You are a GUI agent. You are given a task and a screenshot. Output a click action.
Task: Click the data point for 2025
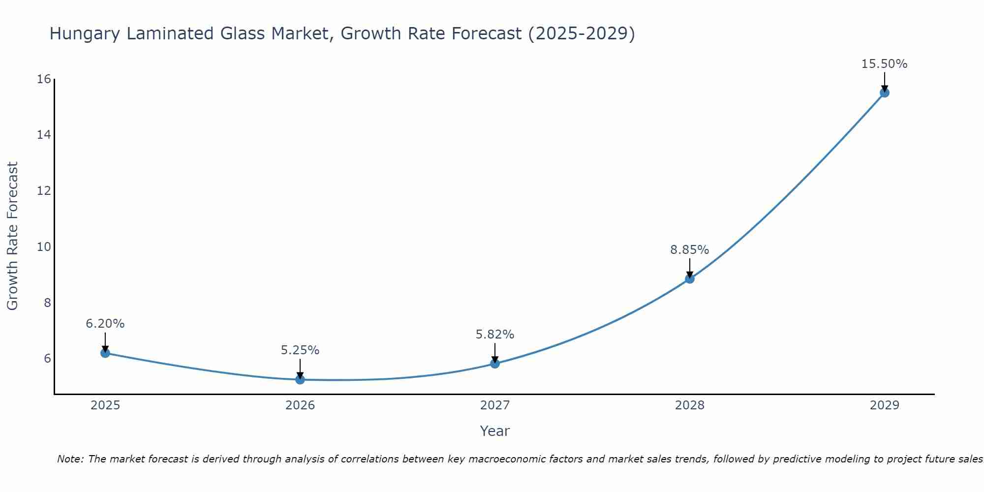coord(105,353)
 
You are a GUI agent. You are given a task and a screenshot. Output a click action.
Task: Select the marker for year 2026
coord(300,379)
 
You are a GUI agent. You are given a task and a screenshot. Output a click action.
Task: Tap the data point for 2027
coord(495,364)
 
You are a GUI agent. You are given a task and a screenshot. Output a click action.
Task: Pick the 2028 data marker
coord(690,279)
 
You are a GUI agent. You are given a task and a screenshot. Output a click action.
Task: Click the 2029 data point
coord(885,92)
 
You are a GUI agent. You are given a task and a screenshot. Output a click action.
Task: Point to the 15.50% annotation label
coord(884,64)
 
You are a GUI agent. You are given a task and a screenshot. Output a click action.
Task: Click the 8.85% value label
coord(689,250)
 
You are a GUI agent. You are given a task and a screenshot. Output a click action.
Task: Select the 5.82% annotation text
coord(494,335)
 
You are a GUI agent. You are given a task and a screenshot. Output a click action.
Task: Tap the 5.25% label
coord(300,350)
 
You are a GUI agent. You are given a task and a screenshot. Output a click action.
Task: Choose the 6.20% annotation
coord(105,324)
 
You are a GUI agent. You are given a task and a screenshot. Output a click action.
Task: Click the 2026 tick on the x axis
coord(300,405)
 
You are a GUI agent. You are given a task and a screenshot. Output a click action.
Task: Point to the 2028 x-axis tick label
coord(690,405)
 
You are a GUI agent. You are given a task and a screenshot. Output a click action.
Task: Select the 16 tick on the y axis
coord(44,79)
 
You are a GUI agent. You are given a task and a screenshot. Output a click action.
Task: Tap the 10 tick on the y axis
coord(44,246)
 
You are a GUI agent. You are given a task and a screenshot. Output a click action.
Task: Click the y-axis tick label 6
coord(48,358)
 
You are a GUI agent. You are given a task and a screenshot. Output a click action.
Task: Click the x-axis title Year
coord(494,431)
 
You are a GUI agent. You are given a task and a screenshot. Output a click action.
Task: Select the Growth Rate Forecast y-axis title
coord(12,236)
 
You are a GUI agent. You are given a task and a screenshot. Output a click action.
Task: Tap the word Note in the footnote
coord(71,459)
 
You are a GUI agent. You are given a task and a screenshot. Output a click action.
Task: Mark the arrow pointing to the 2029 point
coord(885,82)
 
